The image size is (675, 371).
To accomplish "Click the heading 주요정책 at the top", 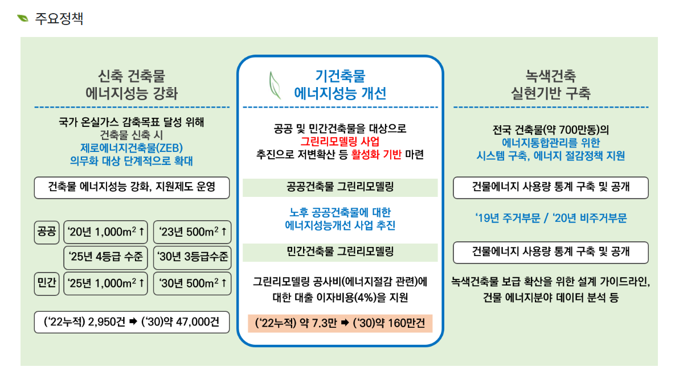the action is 59,19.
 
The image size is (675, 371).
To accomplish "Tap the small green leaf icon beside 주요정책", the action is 23,19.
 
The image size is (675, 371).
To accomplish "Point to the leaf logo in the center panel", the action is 274,85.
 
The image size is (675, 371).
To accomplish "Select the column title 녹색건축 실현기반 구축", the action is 550,85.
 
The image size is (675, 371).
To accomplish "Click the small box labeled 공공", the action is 47,232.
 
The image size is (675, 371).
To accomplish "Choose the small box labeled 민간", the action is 47,283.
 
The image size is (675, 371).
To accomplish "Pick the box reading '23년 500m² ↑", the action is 193,232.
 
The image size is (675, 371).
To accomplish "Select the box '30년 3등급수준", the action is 193,258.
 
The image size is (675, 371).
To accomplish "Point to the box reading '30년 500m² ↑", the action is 193,283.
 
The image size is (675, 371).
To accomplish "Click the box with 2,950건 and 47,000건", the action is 132,323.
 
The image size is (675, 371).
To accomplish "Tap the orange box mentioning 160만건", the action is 340,323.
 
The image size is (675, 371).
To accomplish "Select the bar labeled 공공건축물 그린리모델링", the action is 340,187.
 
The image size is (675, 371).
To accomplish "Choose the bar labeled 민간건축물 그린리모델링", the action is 340,252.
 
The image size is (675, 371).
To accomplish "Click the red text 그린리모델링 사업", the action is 340,141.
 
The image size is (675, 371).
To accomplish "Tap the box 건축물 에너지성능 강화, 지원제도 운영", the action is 132,187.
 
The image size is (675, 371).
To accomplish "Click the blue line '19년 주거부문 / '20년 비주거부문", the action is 550,219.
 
